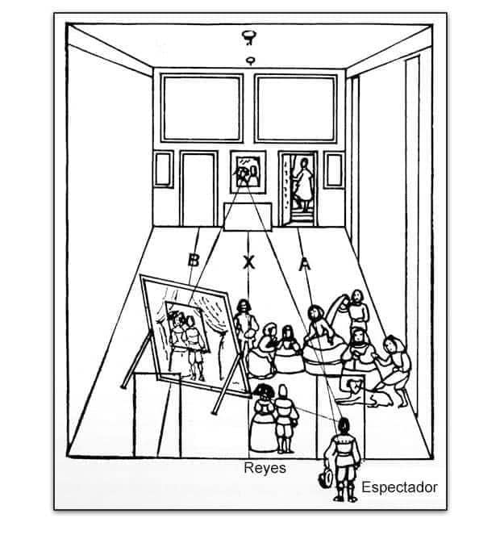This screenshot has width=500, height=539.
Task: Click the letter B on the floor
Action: tap(194, 260)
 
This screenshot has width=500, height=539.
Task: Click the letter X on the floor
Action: tap(248, 262)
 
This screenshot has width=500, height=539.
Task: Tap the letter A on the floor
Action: tap(305, 264)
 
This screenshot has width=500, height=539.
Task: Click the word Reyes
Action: tap(265, 469)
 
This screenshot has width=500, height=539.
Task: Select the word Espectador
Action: tap(400, 487)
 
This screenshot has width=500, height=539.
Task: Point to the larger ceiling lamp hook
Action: tap(250, 37)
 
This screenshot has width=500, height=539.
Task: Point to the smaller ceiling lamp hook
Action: tap(251, 61)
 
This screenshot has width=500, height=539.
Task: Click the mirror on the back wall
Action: tap(248, 172)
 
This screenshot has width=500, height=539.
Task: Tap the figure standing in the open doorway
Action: tap(302, 183)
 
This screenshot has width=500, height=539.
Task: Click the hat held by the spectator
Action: tap(326, 478)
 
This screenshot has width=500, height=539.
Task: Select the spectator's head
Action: tap(344, 426)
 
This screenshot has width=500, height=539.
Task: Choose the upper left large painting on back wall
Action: tap(202, 108)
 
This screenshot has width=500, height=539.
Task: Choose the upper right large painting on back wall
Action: tap(296, 108)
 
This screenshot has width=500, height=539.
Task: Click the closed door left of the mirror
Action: tap(199, 189)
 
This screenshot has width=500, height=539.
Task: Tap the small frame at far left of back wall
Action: tap(163, 169)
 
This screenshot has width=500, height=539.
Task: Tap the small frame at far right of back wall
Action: tap(334, 170)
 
